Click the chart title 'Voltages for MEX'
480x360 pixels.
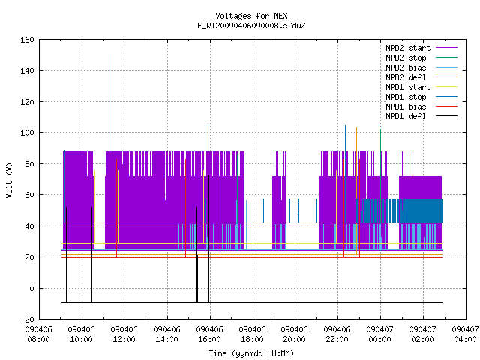click(x=251, y=16)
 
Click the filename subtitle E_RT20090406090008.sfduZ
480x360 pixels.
click(x=251, y=25)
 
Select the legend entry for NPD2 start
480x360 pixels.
click(x=408, y=48)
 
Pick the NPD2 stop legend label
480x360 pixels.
click(x=406, y=58)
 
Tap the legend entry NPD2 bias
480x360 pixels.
click(x=406, y=67)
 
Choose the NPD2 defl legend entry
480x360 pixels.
click(x=406, y=77)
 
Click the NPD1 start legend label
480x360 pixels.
click(x=408, y=87)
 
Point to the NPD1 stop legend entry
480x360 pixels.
click(x=406, y=97)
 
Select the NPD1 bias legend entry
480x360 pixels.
click(x=406, y=106)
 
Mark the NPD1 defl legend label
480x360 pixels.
click(x=406, y=117)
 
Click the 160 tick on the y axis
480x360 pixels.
click(x=27, y=40)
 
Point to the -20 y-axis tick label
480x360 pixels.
click(x=27, y=319)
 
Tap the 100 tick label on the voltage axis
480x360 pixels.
click(x=27, y=133)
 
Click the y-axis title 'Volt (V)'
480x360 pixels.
click(x=9, y=180)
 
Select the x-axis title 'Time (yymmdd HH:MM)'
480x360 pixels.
click(x=251, y=353)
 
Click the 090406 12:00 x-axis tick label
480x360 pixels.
click(x=124, y=334)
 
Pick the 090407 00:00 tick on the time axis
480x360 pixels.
click(x=380, y=334)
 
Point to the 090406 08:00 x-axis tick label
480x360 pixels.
click(x=38, y=334)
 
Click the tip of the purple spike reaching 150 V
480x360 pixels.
click(x=110, y=55)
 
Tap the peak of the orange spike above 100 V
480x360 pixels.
click(x=357, y=128)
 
